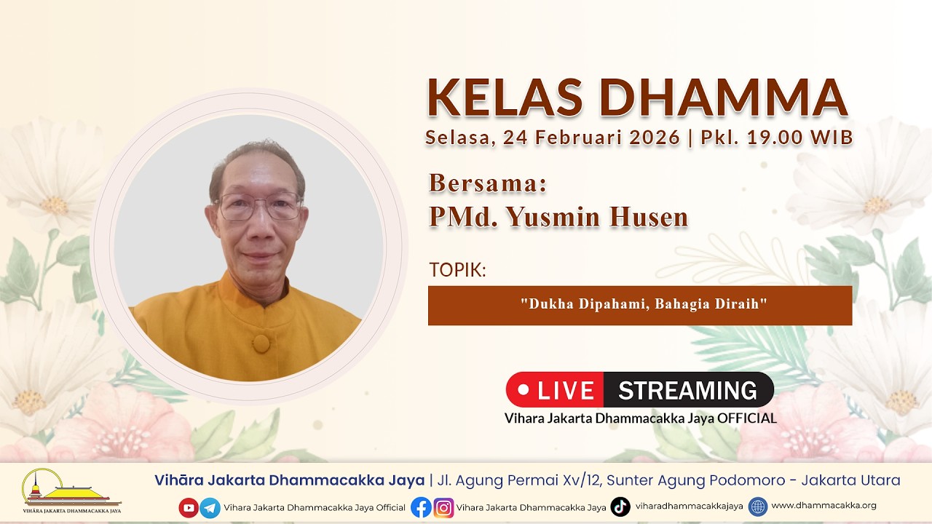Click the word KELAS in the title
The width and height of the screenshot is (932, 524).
coord(505,98)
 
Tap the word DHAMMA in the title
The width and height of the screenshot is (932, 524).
coord(724,98)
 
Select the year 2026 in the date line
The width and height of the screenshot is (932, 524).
coord(655,138)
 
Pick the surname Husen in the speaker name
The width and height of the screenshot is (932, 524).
coord(649,217)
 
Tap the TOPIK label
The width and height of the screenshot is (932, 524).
coord(458,270)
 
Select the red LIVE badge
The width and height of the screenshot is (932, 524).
coord(555,389)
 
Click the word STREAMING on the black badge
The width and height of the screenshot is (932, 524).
coord(687,390)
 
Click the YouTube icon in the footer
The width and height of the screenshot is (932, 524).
coord(189,507)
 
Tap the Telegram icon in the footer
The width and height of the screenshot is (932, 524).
coord(210,508)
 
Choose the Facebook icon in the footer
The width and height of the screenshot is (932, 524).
coord(421,507)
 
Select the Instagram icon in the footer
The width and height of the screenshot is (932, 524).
coord(443,508)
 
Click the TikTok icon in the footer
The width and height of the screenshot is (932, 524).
coord(620,507)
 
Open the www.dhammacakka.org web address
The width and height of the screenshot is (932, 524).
coord(824,506)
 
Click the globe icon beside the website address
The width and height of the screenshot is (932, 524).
coord(758,507)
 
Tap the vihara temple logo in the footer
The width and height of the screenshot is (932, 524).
coord(71,491)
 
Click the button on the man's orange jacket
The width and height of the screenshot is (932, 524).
coord(261,344)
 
